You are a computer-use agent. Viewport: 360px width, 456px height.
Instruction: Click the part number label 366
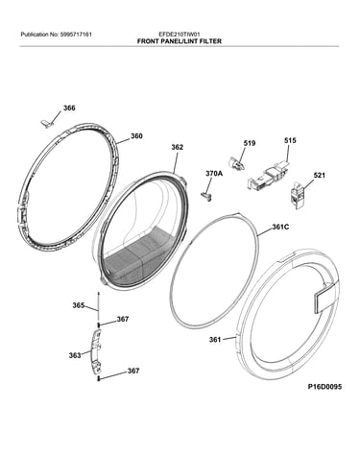tap(69, 108)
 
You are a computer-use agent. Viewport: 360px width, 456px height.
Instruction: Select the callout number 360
tap(136, 136)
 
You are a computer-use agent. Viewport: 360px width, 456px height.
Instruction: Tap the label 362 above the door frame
tap(178, 147)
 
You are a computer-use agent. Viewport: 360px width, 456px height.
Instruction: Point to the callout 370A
tap(214, 174)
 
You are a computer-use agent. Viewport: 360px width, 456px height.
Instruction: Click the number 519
tap(250, 143)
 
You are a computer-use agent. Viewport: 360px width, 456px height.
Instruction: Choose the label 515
tap(290, 140)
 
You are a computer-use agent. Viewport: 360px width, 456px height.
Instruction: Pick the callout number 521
tap(319, 176)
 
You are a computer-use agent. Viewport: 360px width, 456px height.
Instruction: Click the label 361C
tap(280, 227)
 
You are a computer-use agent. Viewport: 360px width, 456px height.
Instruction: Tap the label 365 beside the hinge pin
tap(79, 305)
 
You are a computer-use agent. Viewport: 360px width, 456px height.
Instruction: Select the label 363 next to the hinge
tap(75, 355)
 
